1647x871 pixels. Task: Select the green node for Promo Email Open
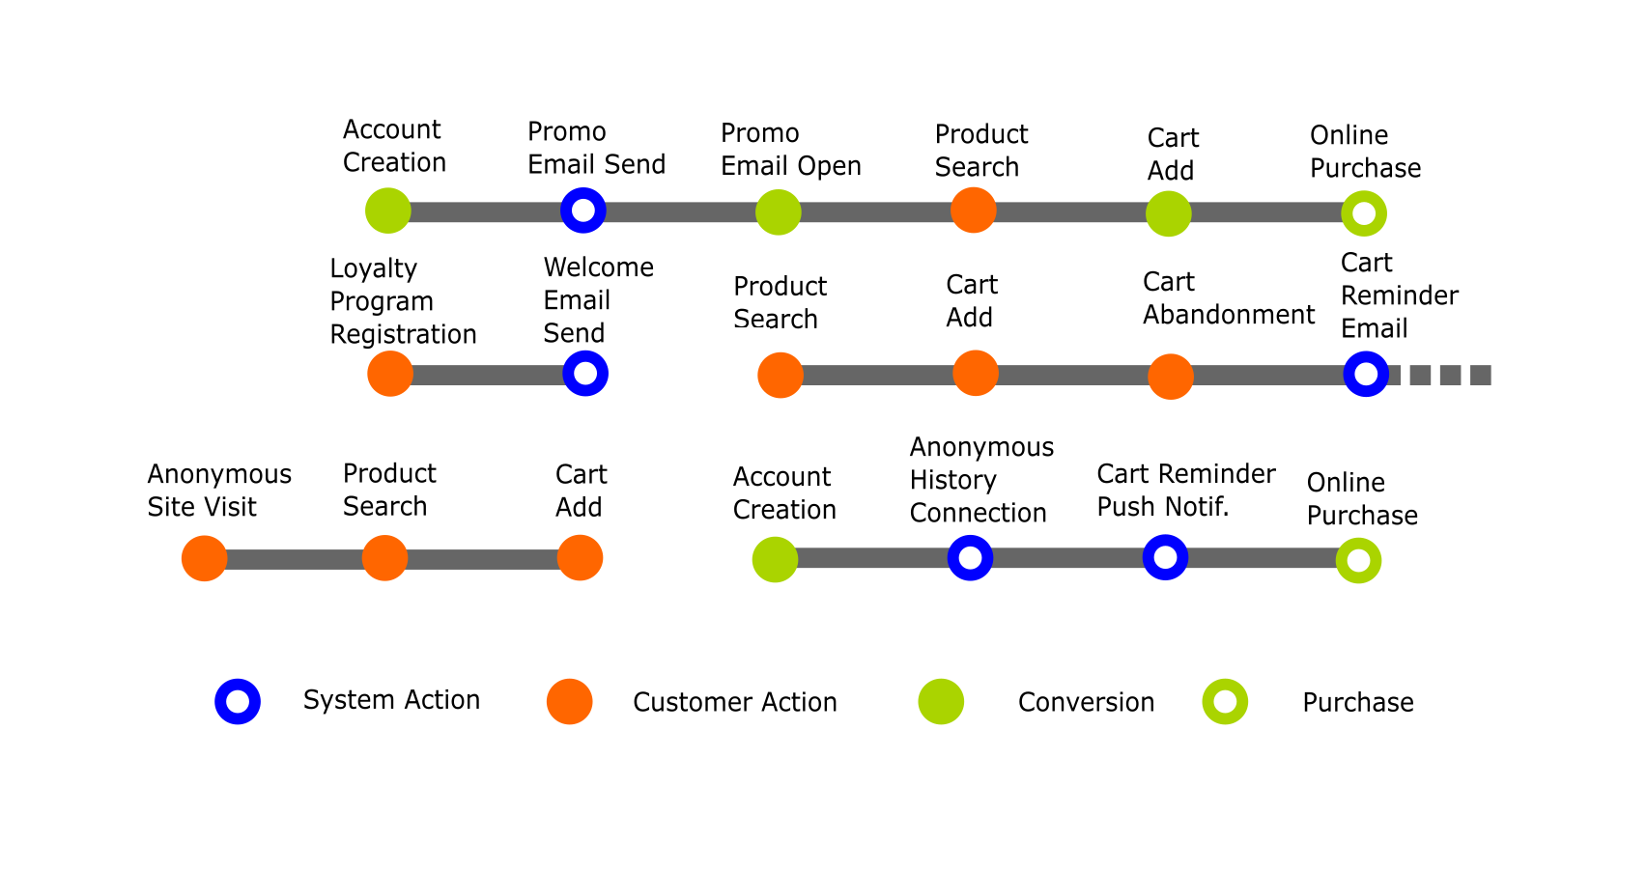coord(778,212)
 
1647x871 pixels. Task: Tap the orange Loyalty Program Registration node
coord(389,374)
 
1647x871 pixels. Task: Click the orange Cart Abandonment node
coord(1170,377)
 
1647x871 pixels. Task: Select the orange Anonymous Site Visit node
coord(205,558)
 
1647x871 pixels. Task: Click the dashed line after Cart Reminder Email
coord(1442,375)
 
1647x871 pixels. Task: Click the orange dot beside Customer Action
coord(569,701)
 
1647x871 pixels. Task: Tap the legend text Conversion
coord(1086,702)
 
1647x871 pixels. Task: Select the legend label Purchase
coord(1358,702)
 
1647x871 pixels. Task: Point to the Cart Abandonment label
coord(1228,298)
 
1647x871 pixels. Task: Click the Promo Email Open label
coord(790,150)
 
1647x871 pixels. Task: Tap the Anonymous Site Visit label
coord(219,491)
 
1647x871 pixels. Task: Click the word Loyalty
coord(374,268)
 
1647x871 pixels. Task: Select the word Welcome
coord(599,267)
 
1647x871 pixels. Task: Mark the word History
coord(952,480)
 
